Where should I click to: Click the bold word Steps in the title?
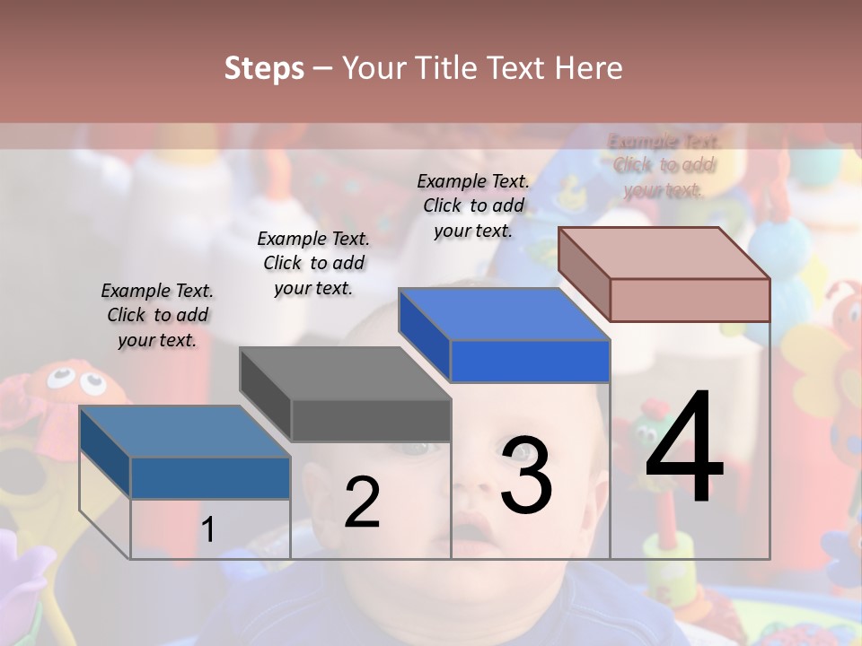point(264,68)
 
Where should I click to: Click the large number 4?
point(684,449)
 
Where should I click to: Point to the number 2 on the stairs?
point(362,502)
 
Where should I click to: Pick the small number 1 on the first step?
point(208,530)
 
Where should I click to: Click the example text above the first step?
point(157,315)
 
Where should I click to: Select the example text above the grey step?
point(313,263)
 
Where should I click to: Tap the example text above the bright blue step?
point(473,205)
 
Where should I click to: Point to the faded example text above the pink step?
point(664,165)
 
